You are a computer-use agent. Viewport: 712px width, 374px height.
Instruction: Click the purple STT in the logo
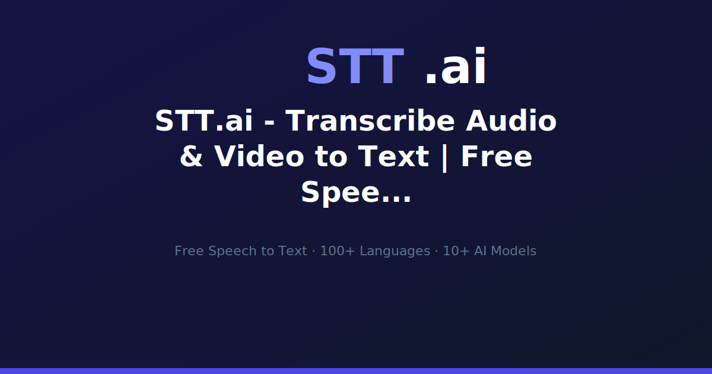click(354, 67)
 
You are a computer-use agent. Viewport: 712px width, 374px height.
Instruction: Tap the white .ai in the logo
click(456, 67)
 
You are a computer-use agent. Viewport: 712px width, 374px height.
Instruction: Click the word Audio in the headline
click(511, 121)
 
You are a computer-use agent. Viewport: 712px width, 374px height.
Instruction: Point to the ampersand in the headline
click(191, 157)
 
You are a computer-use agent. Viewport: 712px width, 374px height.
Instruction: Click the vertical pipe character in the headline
click(444, 157)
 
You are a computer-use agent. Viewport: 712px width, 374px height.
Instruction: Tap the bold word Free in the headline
click(496, 157)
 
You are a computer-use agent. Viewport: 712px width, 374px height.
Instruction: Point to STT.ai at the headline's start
click(204, 121)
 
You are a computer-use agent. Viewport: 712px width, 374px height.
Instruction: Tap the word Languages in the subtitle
click(395, 251)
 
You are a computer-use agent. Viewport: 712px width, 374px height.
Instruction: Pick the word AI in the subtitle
click(480, 251)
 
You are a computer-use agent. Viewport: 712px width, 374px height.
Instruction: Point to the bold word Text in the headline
click(392, 157)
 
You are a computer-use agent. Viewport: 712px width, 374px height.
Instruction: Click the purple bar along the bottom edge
click(356, 370)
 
